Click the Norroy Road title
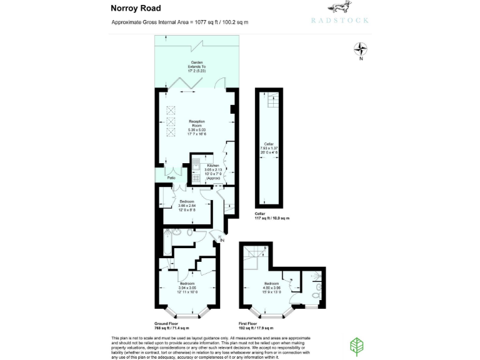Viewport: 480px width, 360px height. pos(136,8)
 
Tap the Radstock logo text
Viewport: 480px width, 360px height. pos(339,20)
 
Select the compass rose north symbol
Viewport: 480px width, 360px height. pos(361,48)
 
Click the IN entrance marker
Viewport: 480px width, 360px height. pos(221,239)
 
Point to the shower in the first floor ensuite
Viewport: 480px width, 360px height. pos(316,276)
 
